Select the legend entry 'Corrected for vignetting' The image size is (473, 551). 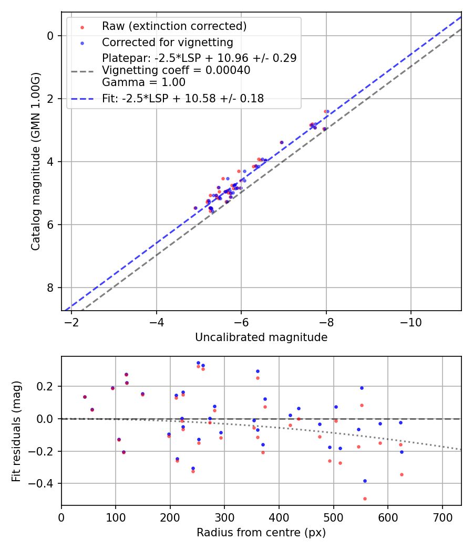(167, 42)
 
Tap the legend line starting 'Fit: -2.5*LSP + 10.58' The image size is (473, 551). (183, 98)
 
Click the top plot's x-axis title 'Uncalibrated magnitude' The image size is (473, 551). (261, 337)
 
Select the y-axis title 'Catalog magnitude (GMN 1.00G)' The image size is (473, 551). (36, 161)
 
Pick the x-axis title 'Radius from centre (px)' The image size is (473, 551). (261, 533)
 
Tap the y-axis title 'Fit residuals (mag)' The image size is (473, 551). (16, 431)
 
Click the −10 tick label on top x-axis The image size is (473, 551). (411, 322)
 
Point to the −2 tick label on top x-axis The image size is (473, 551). (71, 322)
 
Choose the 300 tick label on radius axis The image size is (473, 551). (224, 517)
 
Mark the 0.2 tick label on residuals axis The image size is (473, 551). (47, 386)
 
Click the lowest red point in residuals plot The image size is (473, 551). (365, 499)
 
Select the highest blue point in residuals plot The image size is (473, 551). (198, 363)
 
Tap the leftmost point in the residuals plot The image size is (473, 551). (85, 397)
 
